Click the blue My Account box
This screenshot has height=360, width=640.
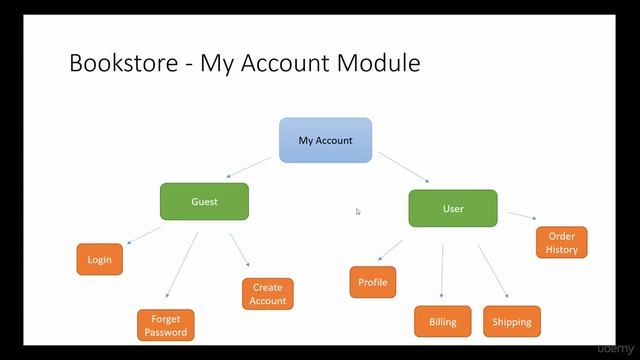point(325,140)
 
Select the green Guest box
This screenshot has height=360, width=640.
point(204,201)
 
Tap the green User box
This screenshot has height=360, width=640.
point(453,208)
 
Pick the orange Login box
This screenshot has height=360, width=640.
point(99,260)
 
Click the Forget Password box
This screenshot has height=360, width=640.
point(165,325)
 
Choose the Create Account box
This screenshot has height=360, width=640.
point(267,294)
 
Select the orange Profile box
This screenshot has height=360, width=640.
point(372,282)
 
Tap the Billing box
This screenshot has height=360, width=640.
point(442,322)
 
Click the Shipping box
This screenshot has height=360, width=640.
point(511,322)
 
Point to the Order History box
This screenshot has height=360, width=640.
point(561,243)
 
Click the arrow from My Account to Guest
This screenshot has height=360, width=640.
point(250,165)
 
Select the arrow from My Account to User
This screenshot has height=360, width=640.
point(402,167)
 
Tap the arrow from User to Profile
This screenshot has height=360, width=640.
point(391,249)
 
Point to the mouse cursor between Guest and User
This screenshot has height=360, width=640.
point(358,211)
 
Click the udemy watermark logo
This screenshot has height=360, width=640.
point(613,349)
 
